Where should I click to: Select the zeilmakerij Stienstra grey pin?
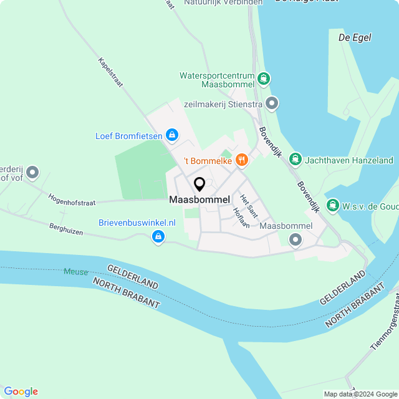(x=271, y=103)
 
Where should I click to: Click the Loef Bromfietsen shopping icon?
(x=172, y=135)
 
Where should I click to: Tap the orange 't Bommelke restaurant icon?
(x=242, y=160)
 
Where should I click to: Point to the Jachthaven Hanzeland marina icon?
(x=296, y=160)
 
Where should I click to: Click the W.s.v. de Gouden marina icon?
(x=333, y=205)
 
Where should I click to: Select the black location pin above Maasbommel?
(x=199, y=185)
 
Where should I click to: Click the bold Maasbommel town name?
(x=199, y=199)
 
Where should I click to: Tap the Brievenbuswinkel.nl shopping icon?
(x=158, y=236)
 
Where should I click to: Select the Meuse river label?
(x=75, y=272)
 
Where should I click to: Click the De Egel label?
(x=355, y=37)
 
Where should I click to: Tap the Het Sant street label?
(x=248, y=205)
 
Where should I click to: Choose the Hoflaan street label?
(x=241, y=217)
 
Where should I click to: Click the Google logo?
(x=21, y=391)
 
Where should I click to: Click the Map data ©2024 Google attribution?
(x=361, y=394)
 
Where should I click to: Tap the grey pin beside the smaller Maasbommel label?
(x=296, y=239)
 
